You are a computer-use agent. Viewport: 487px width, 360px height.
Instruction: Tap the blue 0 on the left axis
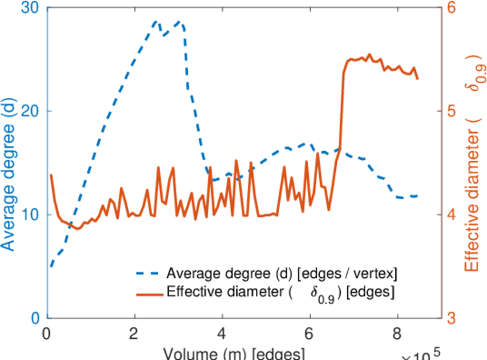click(34, 318)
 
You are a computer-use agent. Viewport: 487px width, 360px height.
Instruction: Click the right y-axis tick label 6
click(452, 8)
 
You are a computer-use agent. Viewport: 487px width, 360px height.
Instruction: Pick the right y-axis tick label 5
click(452, 111)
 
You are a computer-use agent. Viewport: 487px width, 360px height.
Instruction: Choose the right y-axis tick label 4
click(452, 214)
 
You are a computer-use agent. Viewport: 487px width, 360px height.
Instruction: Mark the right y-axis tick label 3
click(452, 318)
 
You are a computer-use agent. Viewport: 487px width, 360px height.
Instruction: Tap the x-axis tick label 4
click(222, 333)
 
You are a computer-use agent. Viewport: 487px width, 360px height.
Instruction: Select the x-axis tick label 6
click(309, 333)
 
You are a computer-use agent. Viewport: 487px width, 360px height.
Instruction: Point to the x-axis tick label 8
click(396, 333)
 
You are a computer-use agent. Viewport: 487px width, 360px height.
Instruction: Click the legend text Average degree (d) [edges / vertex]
click(282, 274)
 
